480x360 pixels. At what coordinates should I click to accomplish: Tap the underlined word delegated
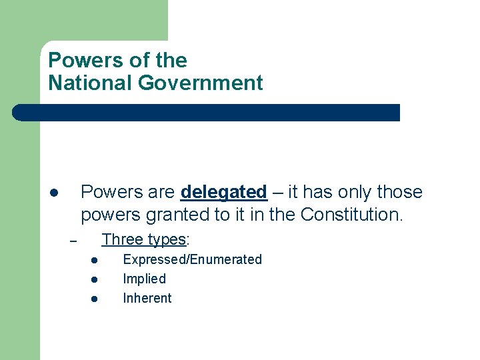pos(223,193)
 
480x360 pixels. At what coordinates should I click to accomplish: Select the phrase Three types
pos(143,239)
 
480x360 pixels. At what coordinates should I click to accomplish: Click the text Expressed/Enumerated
pos(192,259)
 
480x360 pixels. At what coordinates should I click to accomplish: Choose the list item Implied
pos(144,279)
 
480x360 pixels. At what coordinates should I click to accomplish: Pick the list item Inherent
pos(147,298)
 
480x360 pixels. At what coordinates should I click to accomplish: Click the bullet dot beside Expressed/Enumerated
pos(95,260)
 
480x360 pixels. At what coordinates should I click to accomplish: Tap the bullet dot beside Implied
pos(95,279)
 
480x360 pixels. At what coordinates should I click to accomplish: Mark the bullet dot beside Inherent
pos(95,299)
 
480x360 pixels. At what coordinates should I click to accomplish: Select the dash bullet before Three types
pos(74,241)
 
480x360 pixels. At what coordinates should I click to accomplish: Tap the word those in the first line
pos(399,193)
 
